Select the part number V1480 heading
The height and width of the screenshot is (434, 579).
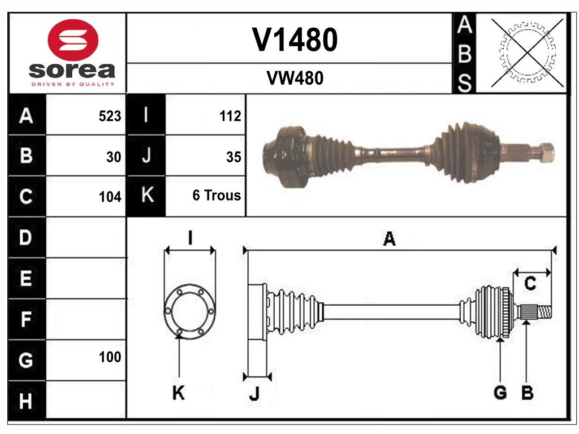[x=295, y=40]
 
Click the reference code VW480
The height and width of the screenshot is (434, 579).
[x=295, y=79]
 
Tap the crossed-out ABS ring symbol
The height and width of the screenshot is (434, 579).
[x=528, y=53]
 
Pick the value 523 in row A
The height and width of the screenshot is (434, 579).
[x=110, y=116]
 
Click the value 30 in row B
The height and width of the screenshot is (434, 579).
[x=114, y=157]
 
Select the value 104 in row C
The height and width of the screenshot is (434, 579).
[x=110, y=197]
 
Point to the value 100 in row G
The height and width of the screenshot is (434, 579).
[x=110, y=357]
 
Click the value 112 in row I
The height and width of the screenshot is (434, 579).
[x=230, y=116]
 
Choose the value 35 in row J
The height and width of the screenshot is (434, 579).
[x=233, y=157]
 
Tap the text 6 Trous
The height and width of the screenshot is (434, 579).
[x=217, y=196]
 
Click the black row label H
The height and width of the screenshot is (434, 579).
[x=26, y=401]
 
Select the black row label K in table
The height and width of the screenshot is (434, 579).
[x=146, y=196]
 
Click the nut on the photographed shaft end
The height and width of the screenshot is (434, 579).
[x=546, y=153]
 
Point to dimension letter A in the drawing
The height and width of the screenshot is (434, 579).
[x=389, y=239]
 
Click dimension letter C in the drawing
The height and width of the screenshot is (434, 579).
[x=530, y=284]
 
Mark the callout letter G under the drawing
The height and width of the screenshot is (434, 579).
[x=500, y=393]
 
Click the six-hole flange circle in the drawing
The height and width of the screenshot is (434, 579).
[x=189, y=311]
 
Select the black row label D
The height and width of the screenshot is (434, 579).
[x=26, y=238]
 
